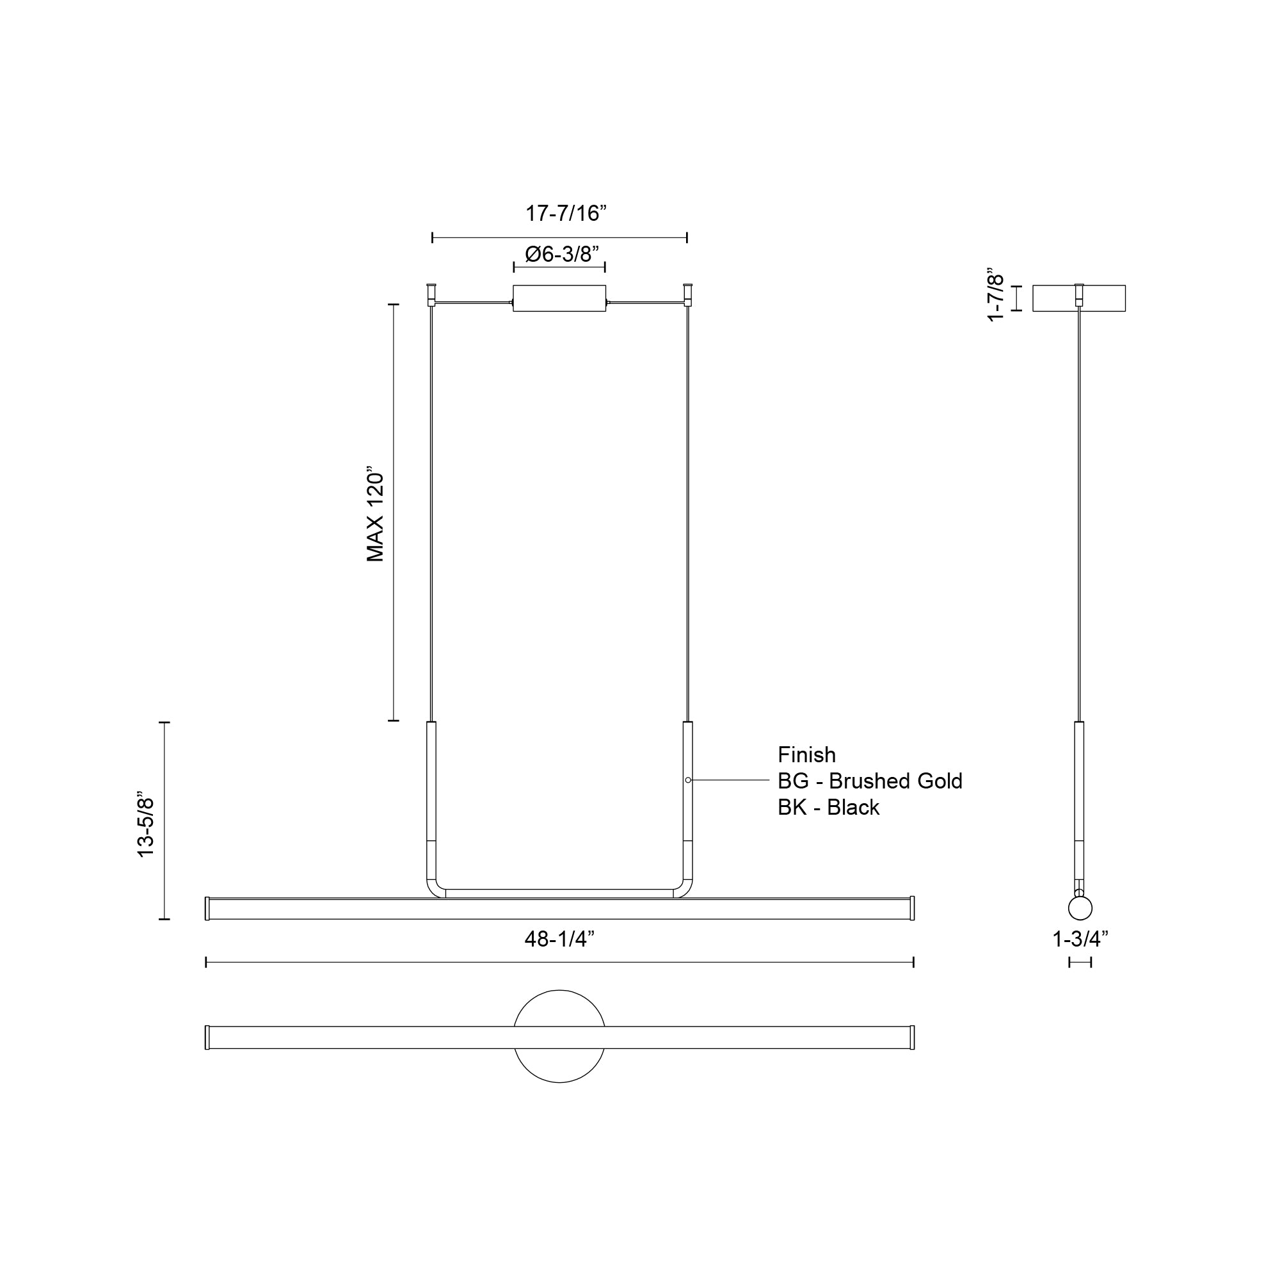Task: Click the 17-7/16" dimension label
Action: (566, 213)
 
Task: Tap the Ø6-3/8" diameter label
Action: (562, 253)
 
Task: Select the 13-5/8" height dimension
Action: (145, 824)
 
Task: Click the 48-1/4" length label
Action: (559, 939)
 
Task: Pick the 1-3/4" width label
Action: (1080, 939)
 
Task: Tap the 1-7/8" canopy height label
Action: (996, 295)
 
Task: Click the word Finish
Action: (806, 755)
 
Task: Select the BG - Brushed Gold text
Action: (869, 781)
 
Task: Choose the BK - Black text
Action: (828, 807)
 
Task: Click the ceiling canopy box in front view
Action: (559, 298)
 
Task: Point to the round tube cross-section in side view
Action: (1080, 908)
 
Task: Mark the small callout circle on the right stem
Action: (688, 780)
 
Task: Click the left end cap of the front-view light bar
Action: (207, 908)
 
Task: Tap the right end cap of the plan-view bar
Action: (912, 1037)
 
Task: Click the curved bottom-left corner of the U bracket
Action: (433, 890)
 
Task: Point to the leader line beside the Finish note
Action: (729, 780)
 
